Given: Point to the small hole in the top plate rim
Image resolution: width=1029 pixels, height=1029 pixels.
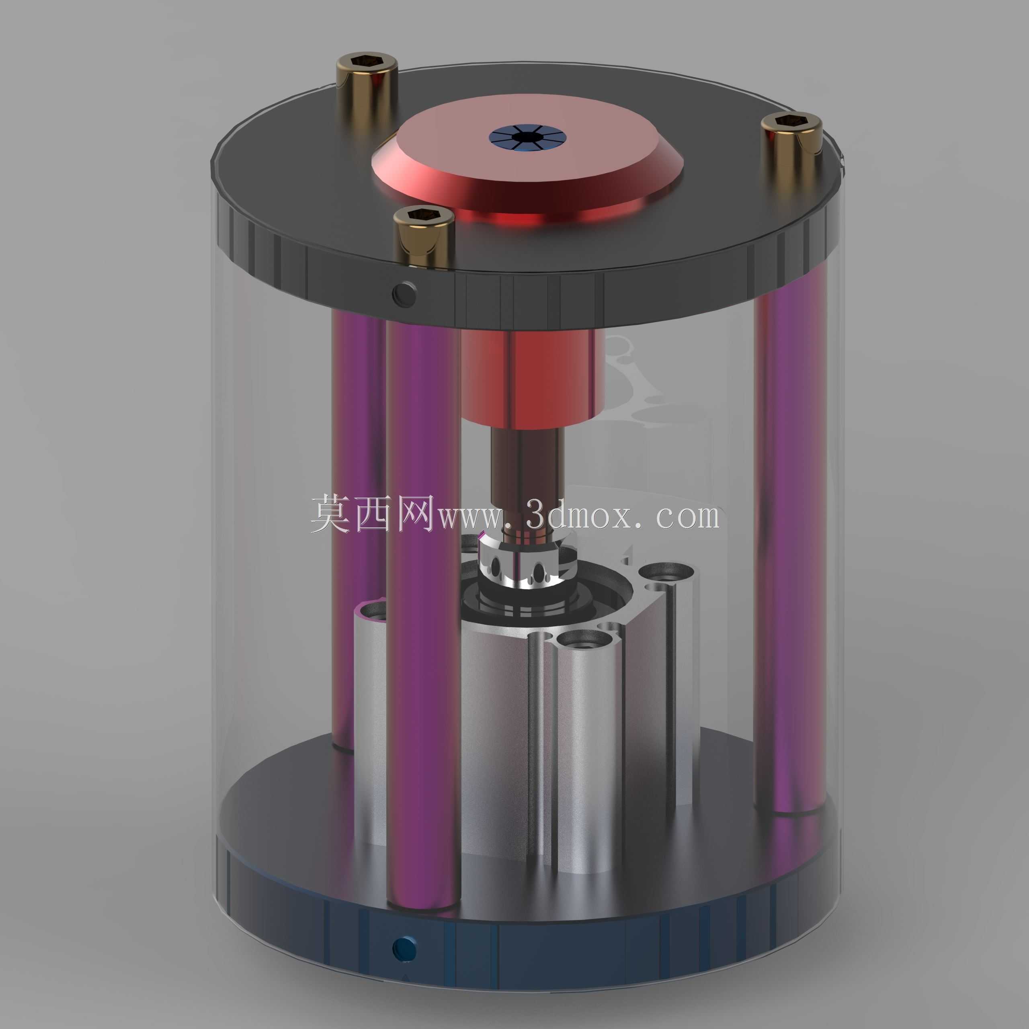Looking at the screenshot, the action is coord(403,292).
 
